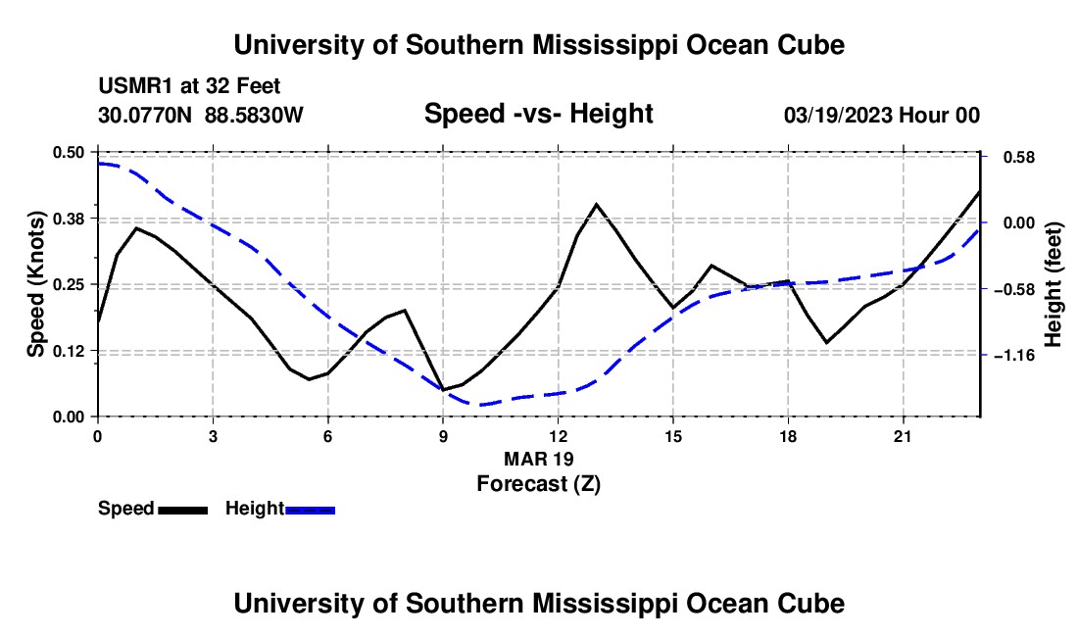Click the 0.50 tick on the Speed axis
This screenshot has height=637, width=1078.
click(68, 152)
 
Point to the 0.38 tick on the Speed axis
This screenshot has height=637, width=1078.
click(68, 219)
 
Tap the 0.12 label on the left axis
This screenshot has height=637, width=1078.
click(68, 351)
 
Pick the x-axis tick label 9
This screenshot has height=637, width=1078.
click(443, 436)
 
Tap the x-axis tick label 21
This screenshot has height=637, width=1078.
click(902, 436)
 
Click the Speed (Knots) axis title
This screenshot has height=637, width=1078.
click(35, 284)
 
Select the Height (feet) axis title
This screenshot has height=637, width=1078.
click(1053, 284)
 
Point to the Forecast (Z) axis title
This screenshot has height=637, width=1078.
click(538, 483)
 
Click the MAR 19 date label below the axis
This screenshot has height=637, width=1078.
click(538, 459)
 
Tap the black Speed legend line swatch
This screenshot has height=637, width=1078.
click(183, 510)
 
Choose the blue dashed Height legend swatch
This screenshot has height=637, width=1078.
click(310, 510)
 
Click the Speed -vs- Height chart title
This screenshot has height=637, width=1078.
click(538, 114)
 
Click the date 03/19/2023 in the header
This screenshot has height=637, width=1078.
click(838, 115)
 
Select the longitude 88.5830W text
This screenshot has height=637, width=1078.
click(254, 115)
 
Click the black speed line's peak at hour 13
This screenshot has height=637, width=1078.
click(596, 204)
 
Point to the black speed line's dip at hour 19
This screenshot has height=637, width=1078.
click(826, 342)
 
